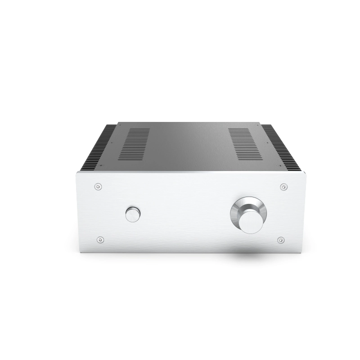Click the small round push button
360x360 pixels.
pyautogui.click(x=133, y=214)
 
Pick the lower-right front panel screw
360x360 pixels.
pyautogui.click(x=280, y=240)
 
